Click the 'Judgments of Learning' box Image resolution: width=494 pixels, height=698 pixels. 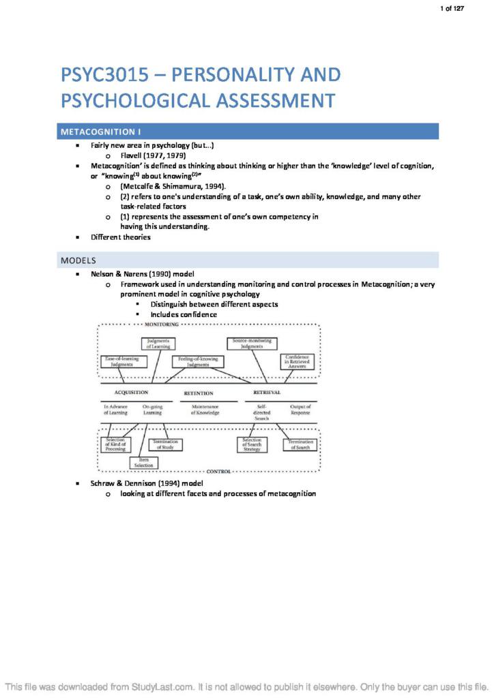pos(158,344)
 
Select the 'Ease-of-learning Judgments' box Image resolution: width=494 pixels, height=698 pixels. pos(121,362)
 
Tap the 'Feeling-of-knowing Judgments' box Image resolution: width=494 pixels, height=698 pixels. pos(198,362)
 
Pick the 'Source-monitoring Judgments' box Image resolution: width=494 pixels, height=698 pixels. pos(252,344)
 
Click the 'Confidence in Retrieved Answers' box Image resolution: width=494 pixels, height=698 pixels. pos(297,362)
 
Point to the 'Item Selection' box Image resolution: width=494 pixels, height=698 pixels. pos(143,462)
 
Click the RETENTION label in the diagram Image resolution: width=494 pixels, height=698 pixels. pos(199,393)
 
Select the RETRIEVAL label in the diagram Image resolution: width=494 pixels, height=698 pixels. pos(267,393)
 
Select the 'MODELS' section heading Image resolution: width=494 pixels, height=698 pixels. pos(78,260)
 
